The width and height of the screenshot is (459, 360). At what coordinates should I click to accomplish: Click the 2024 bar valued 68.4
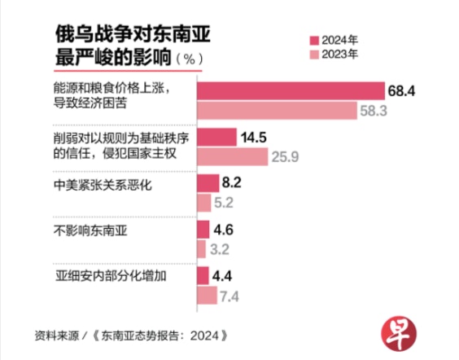(x=291, y=90)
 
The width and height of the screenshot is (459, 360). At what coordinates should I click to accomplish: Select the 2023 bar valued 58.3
(x=278, y=111)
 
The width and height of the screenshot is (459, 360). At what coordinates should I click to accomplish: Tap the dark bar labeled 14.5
(x=217, y=137)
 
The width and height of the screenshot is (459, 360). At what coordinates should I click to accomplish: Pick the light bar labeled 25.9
(x=233, y=156)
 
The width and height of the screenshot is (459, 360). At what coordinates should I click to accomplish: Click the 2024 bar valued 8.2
(x=208, y=183)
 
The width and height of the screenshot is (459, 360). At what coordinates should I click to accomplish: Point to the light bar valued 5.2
(x=204, y=203)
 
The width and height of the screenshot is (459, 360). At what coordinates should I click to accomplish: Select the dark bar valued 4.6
(x=203, y=230)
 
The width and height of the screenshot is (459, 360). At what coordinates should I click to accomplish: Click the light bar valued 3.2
(x=201, y=249)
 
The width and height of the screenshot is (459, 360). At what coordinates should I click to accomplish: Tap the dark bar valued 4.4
(x=203, y=275)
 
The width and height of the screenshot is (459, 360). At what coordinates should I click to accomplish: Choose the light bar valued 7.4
(x=208, y=296)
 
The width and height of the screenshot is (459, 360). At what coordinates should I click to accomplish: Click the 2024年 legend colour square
(x=314, y=41)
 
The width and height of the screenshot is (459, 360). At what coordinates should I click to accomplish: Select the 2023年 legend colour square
(x=314, y=55)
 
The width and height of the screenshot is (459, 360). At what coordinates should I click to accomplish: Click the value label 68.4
(x=402, y=91)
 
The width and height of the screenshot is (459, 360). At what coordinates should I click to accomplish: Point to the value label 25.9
(x=285, y=157)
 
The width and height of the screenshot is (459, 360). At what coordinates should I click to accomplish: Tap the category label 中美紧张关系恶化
(x=103, y=185)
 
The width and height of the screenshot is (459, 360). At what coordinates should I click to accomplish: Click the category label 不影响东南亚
(x=90, y=230)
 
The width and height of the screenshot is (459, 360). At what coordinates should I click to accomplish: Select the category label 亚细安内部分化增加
(x=111, y=276)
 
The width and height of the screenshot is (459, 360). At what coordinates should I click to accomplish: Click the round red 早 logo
(x=399, y=333)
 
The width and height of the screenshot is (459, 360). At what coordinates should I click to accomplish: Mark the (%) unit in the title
(x=190, y=59)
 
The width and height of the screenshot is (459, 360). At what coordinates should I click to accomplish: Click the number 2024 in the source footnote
(x=205, y=336)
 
